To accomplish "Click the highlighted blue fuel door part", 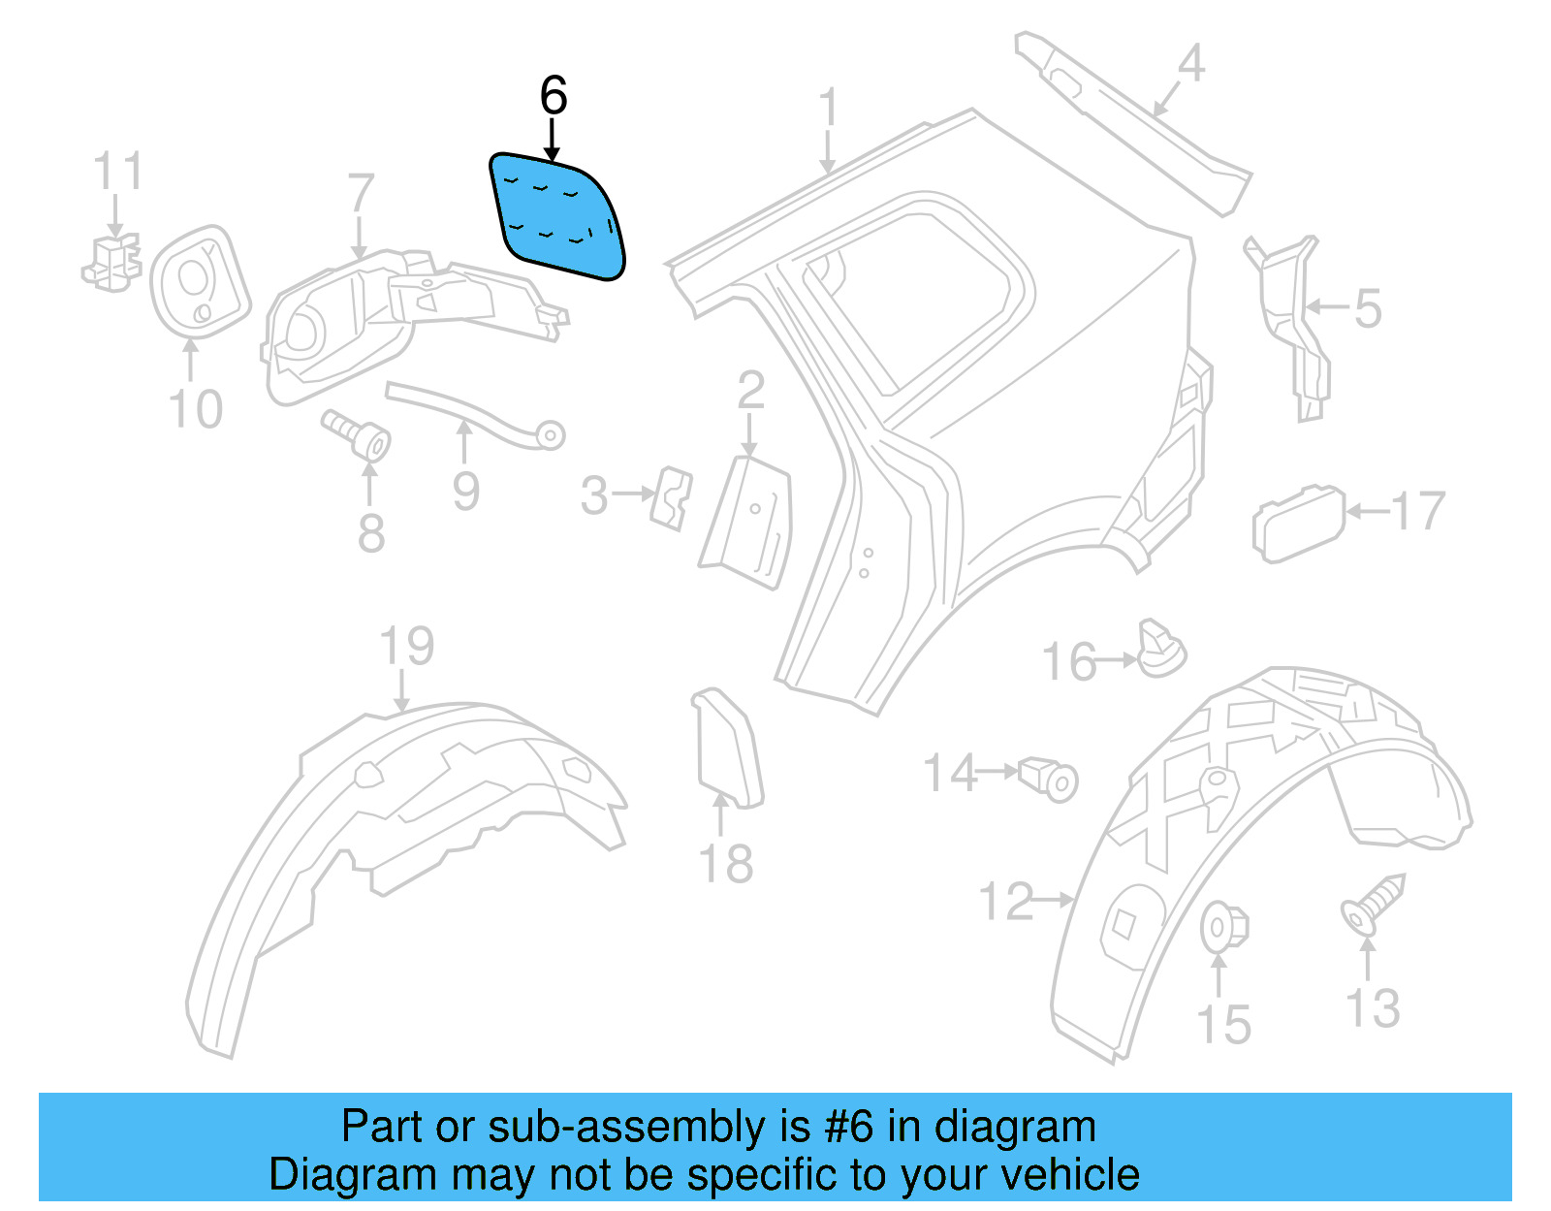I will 557,216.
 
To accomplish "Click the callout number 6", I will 553,96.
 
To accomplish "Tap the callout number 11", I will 118,172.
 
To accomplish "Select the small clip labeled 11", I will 112,262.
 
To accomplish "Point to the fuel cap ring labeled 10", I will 200,281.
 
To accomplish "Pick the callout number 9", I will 465,492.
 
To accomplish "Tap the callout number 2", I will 750,391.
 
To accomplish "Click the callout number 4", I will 1190,64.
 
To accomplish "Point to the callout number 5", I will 1367,309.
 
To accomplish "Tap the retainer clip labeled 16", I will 1160,649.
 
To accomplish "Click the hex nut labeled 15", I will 1222,927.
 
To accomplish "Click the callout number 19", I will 406,646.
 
